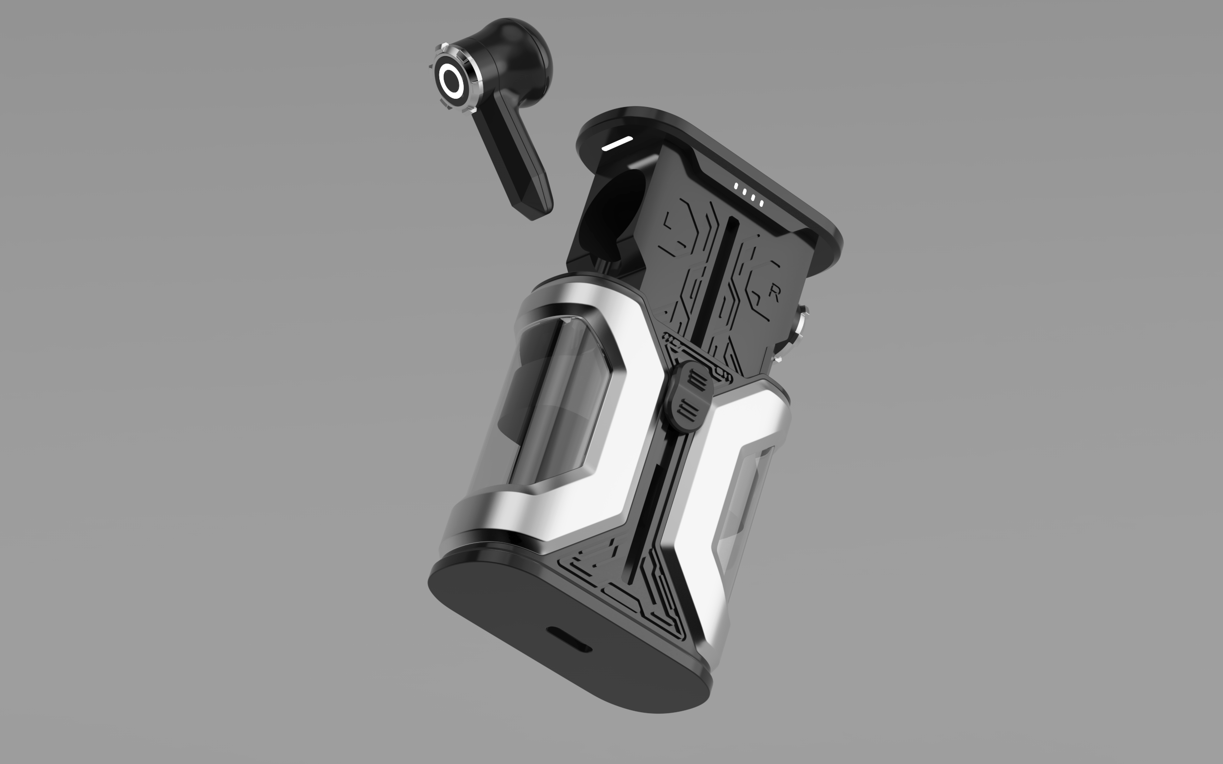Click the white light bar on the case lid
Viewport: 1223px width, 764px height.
[x=617, y=143]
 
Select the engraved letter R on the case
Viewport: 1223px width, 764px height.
[x=774, y=293]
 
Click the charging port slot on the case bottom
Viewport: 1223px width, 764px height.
[x=569, y=639]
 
